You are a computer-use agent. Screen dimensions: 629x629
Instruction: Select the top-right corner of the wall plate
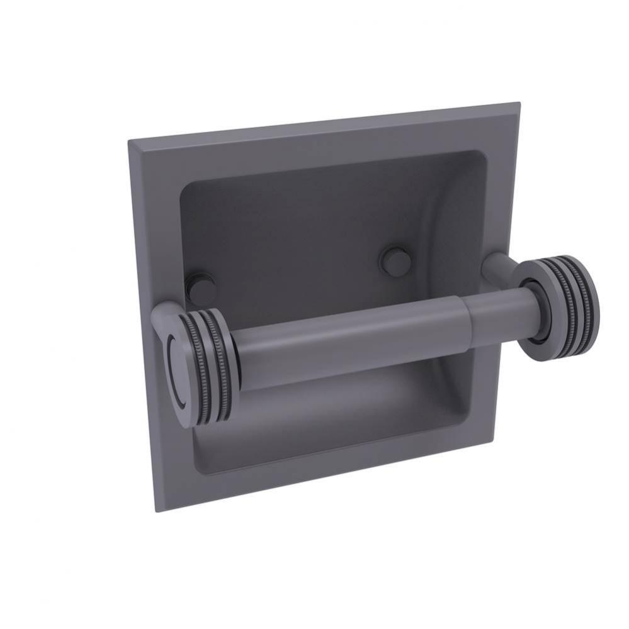click(x=519, y=103)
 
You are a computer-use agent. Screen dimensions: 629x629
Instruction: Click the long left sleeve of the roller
click(x=346, y=340)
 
